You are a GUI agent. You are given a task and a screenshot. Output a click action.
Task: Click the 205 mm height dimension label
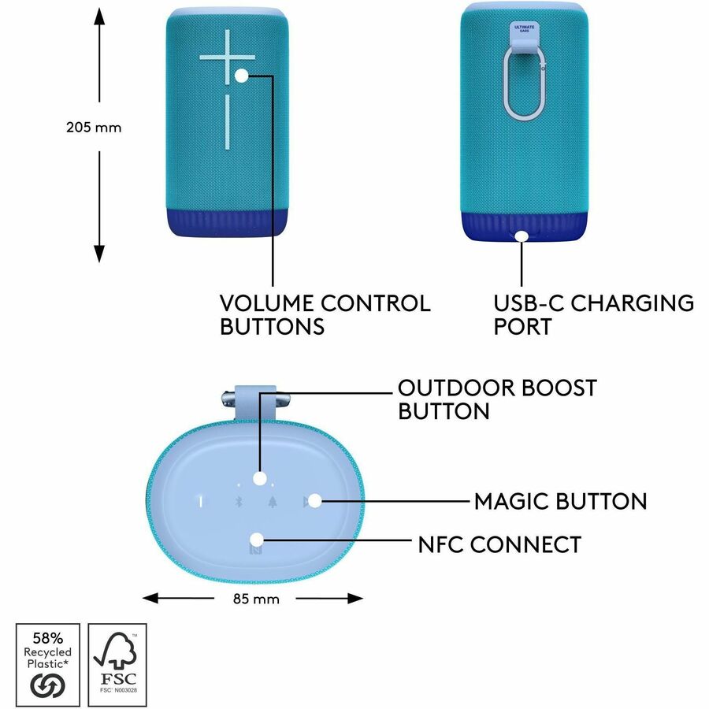coord(94,127)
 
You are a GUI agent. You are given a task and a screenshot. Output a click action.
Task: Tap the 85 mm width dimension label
coord(256,599)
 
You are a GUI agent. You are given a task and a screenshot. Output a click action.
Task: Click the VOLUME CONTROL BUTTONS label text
coord(325,314)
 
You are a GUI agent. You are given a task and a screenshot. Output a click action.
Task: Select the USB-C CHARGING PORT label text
coord(594,314)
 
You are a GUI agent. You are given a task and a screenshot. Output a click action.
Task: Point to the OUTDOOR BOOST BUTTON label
coord(497,399)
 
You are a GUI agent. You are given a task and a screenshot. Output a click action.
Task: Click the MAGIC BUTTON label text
coord(560,501)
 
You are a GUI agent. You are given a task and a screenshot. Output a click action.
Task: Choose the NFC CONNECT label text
coord(500,544)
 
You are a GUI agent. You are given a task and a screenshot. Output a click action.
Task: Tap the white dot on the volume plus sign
coord(242,75)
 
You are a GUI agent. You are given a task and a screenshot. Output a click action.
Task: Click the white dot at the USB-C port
coord(522,235)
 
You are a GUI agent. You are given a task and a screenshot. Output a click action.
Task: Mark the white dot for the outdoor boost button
coord(259,478)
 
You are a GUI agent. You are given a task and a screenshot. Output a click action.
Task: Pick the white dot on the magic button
coord(314,499)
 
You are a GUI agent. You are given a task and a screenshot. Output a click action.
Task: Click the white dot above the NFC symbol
coord(257,539)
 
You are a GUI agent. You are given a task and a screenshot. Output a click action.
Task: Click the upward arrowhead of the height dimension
coord(99,15)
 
